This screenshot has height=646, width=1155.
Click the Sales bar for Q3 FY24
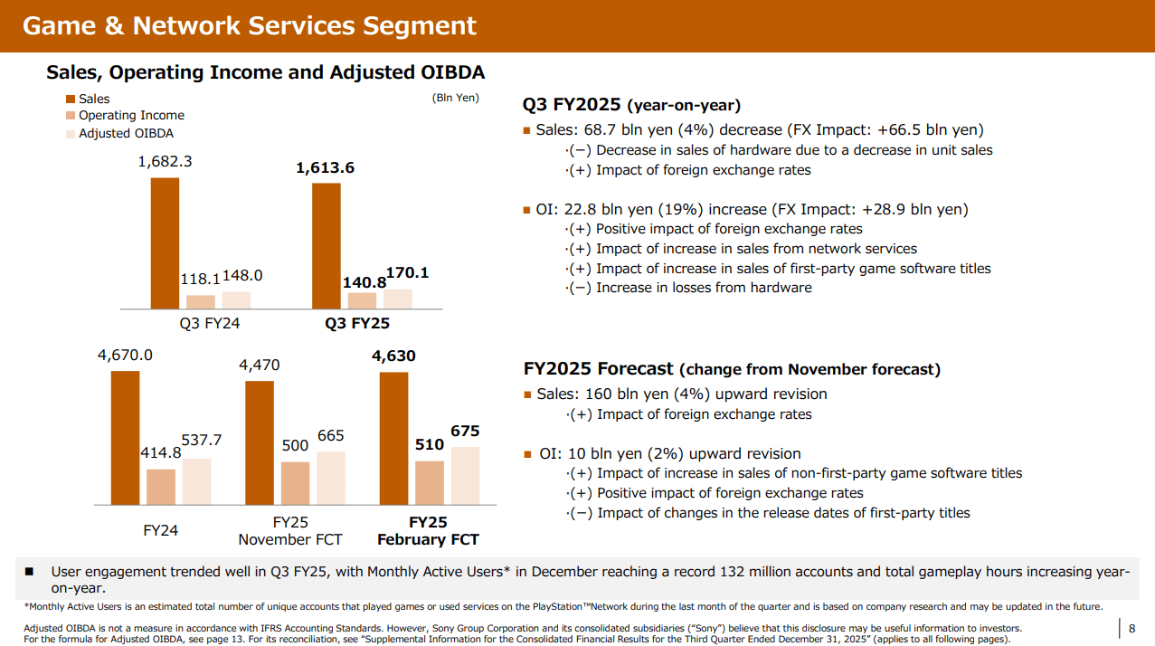(165, 243)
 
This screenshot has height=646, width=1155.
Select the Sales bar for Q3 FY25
(327, 246)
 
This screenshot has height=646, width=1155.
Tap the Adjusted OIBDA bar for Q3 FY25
(397, 299)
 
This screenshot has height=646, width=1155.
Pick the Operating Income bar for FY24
(161, 487)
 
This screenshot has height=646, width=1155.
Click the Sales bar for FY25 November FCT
(260, 442)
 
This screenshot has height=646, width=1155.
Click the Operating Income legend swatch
(71, 116)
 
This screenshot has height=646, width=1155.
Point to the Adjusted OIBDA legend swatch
(71, 134)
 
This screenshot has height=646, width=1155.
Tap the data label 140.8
(364, 282)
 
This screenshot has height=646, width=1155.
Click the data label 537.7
(202, 441)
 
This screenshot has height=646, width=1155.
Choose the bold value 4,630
(393, 356)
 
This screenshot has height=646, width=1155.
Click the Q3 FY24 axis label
(210, 323)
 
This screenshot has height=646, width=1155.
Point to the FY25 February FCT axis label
(428, 531)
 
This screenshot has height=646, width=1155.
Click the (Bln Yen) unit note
(456, 98)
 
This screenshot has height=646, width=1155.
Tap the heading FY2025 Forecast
(598, 369)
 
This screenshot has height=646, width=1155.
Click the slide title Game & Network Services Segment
(249, 25)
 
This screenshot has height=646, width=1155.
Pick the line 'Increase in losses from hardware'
(704, 288)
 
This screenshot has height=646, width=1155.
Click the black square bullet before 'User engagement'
(29, 572)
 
